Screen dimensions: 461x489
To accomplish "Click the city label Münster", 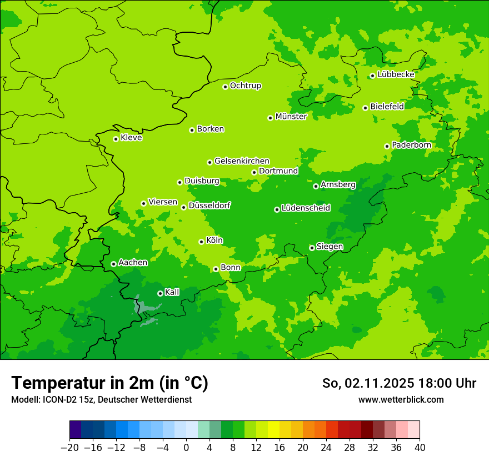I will (291, 117).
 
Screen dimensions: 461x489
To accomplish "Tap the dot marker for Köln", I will (201, 242).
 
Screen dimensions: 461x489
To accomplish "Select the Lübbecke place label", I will (396, 74).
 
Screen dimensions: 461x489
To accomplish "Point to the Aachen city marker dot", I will (113, 264).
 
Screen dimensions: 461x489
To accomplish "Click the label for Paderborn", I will (411, 145).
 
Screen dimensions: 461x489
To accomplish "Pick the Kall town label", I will (172, 292).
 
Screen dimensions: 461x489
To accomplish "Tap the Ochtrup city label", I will (245, 86).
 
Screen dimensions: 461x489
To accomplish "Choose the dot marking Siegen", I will (312, 248).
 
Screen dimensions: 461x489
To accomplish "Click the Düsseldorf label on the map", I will (209, 206).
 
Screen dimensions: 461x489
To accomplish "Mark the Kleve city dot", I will (116, 139).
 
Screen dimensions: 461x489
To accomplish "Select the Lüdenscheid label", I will (306, 208).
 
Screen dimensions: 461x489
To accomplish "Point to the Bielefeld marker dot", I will (365, 108).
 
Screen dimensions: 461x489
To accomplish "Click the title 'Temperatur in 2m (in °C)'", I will (109, 383).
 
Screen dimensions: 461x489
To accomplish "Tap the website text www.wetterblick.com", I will (401, 399).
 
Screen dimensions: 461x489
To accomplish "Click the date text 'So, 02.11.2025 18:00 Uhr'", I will (399, 383).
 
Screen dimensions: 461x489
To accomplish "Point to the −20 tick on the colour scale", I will (69, 448).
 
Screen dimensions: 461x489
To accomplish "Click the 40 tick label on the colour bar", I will (420, 448).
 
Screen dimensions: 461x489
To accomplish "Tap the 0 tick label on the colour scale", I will (186, 448).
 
